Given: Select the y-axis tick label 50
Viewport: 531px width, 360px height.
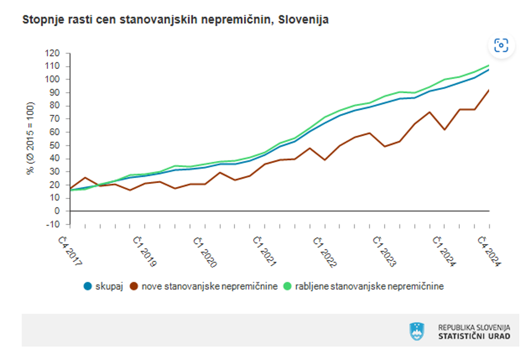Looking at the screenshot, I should click(x=54, y=145).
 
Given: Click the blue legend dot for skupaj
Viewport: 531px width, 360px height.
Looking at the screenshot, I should click(x=88, y=286).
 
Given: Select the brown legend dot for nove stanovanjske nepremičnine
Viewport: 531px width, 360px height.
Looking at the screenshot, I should click(x=134, y=286).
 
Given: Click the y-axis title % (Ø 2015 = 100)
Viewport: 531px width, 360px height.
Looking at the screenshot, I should click(x=31, y=138).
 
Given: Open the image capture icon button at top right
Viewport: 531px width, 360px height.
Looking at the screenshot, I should click(x=500, y=45).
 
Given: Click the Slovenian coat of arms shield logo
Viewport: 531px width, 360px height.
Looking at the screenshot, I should click(x=417, y=331).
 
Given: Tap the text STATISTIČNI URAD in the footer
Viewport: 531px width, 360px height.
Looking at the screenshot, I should click(x=474, y=336).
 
